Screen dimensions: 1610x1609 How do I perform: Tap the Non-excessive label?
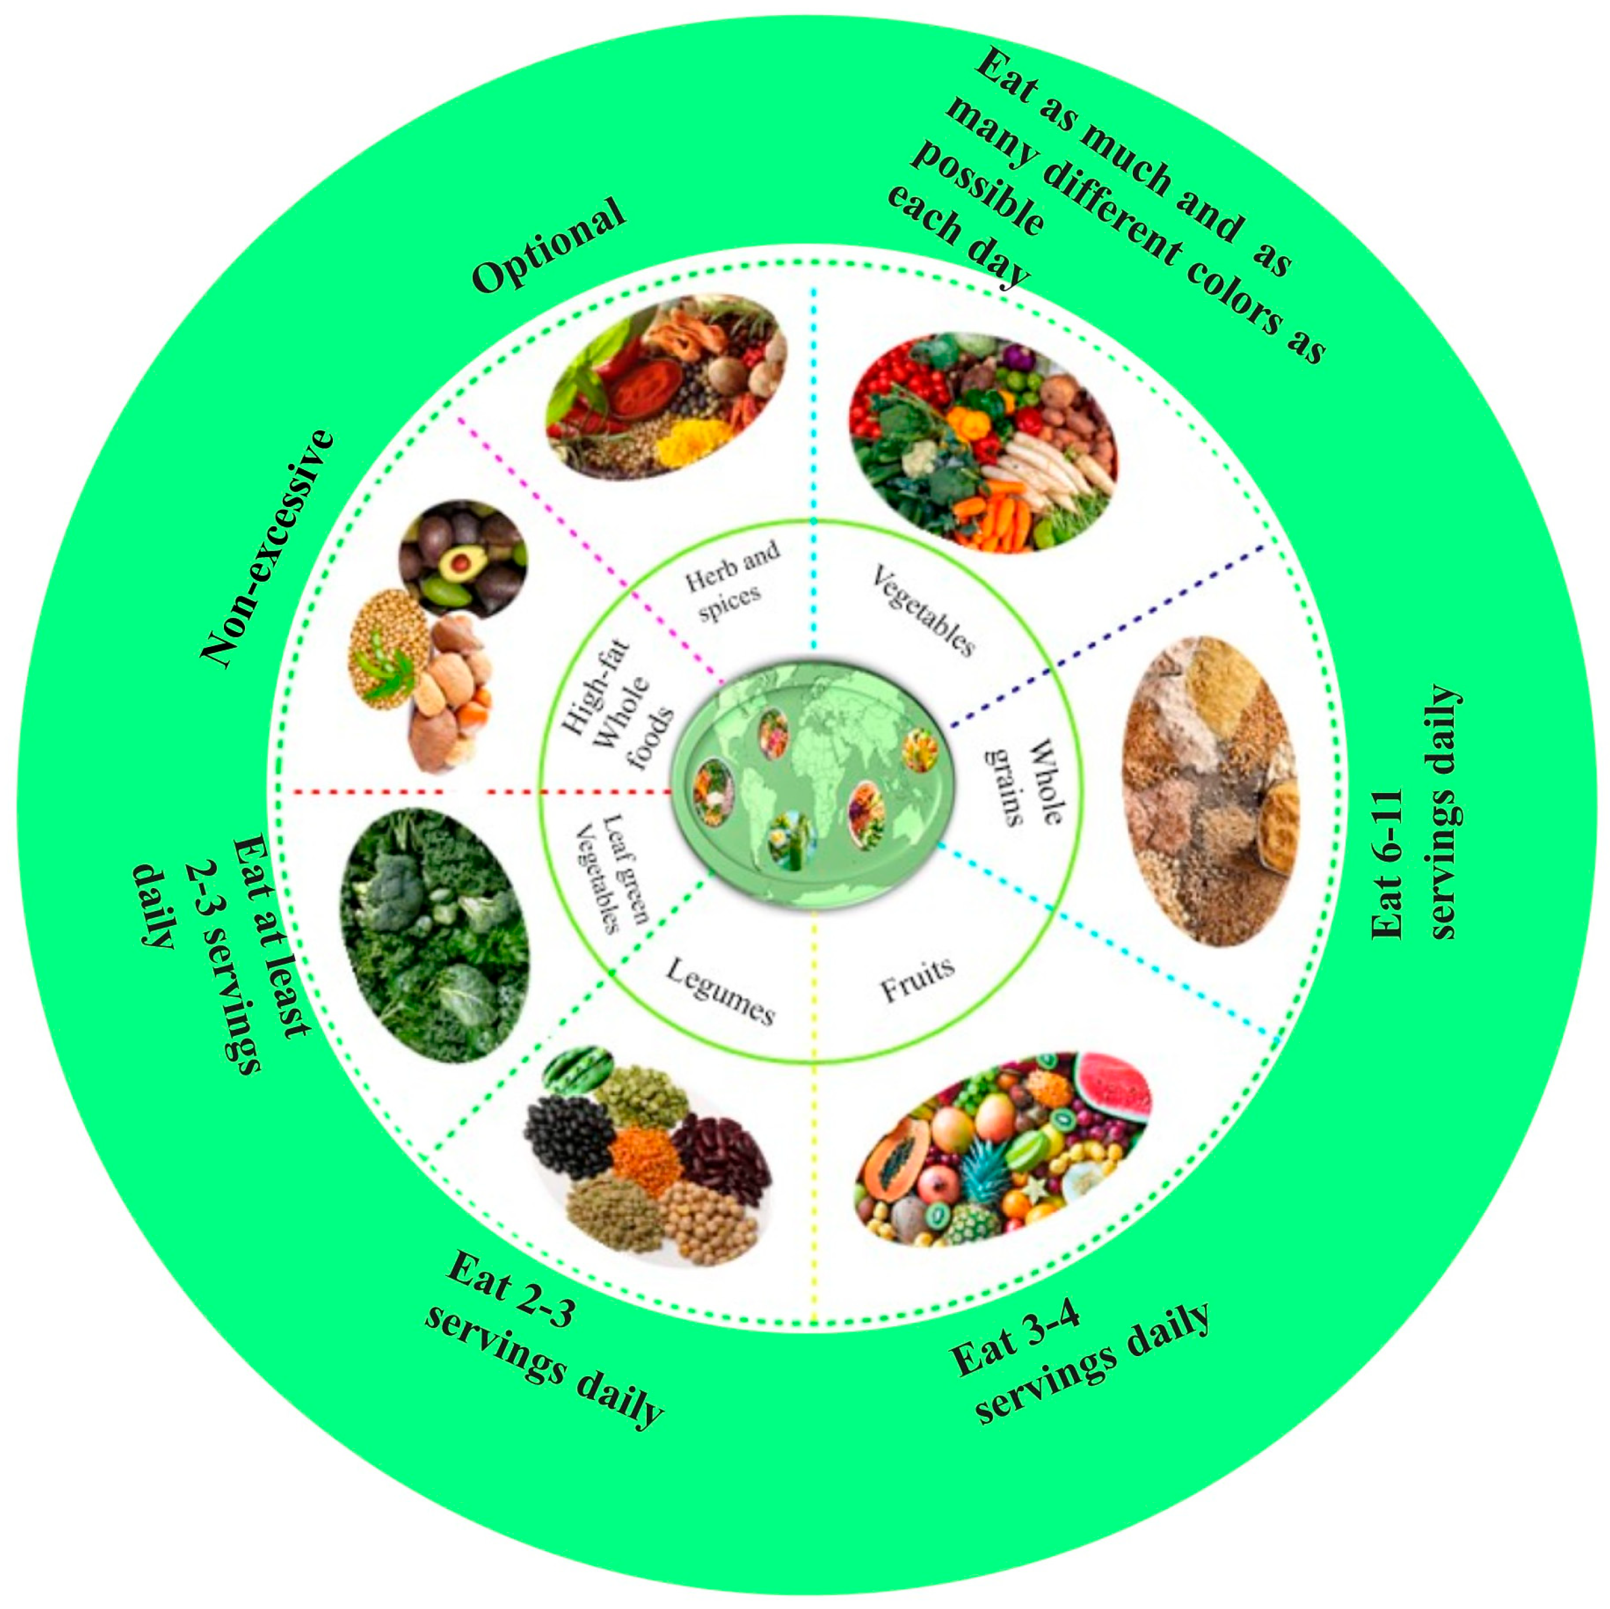click(x=268, y=550)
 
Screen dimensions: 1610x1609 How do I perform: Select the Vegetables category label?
click(x=922, y=609)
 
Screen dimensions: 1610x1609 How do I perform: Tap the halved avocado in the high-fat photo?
click(x=457, y=566)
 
